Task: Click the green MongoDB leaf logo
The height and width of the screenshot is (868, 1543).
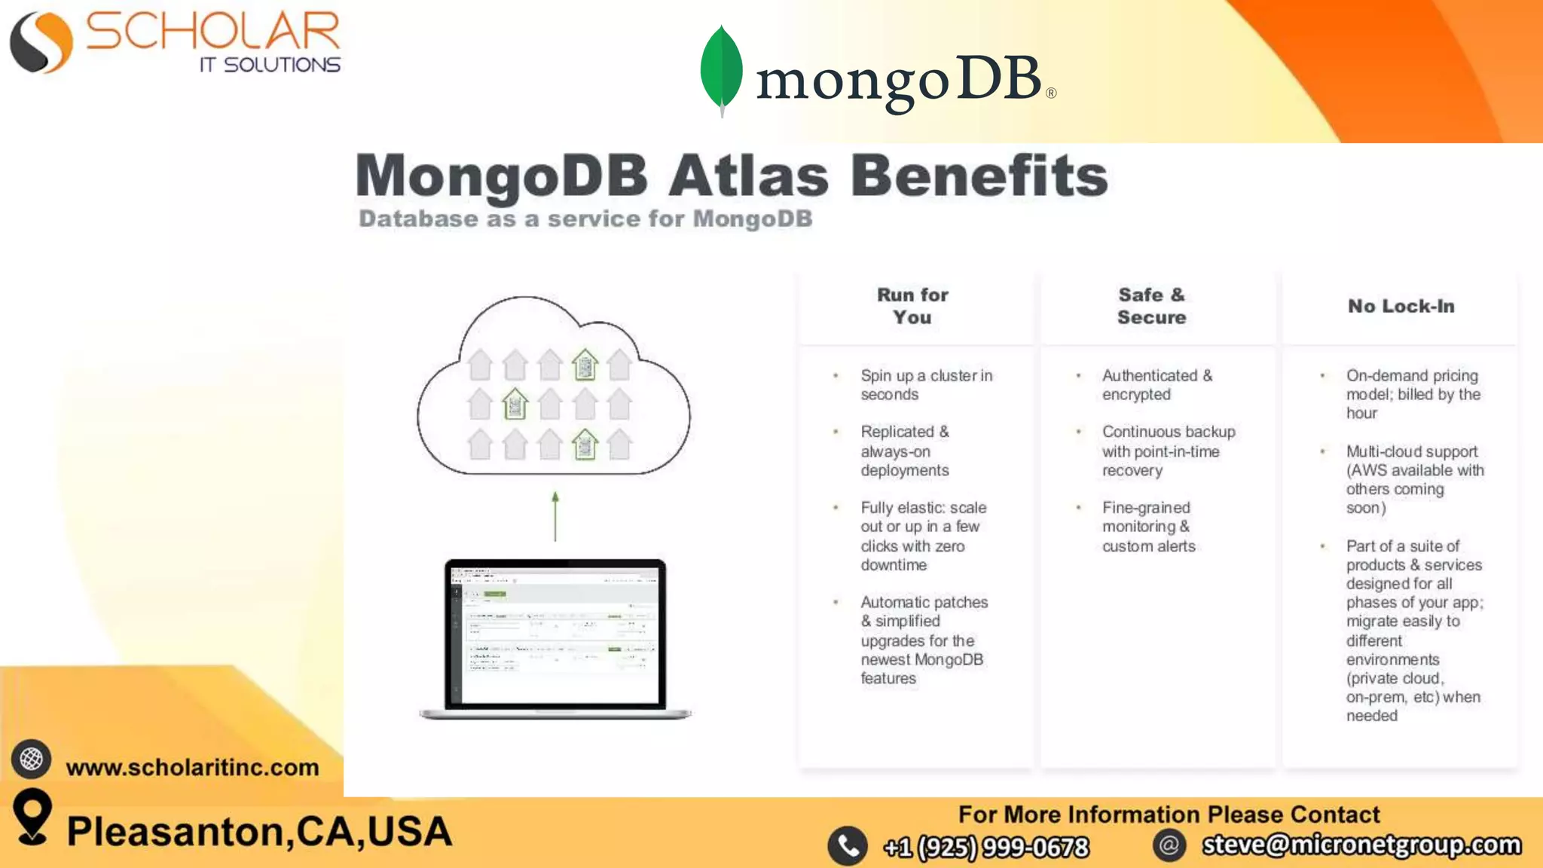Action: pyautogui.click(x=721, y=69)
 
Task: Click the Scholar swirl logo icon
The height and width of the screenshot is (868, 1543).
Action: pyautogui.click(x=41, y=43)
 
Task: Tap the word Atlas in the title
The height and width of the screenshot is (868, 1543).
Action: pyautogui.click(x=748, y=176)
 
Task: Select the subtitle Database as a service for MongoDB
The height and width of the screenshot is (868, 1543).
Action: pyautogui.click(x=585, y=219)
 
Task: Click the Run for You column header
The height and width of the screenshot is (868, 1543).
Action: pyautogui.click(x=912, y=306)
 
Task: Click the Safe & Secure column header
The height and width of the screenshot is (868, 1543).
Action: pyautogui.click(x=1151, y=306)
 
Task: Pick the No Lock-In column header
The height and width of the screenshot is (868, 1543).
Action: pyautogui.click(x=1401, y=306)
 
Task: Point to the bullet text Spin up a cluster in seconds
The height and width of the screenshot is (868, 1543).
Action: pyautogui.click(x=926, y=384)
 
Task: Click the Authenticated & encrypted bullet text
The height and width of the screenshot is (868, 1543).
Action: pyautogui.click(x=1156, y=384)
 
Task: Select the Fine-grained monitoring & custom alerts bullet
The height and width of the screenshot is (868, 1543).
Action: pyautogui.click(x=1148, y=527)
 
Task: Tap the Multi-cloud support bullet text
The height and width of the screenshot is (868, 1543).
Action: pyautogui.click(x=1414, y=479)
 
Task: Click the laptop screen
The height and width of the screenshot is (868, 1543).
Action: pyautogui.click(x=555, y=634)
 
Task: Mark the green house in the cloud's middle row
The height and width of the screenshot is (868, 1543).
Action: pyautogui.click(x=515, y=405)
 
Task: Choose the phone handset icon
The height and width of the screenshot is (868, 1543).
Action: pyautogui.click(x=848, y=846)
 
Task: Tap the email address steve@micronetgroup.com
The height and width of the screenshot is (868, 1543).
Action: pyautogui.click(x=1361, y=845)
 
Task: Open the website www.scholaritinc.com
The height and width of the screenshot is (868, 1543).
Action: pyautogui.click(x=192, y=767)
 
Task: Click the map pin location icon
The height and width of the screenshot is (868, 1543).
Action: pyautogui.click(x=32, y=816)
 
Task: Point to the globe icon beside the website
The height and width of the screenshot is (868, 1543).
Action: pyautogui.click(x=32, y=759)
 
